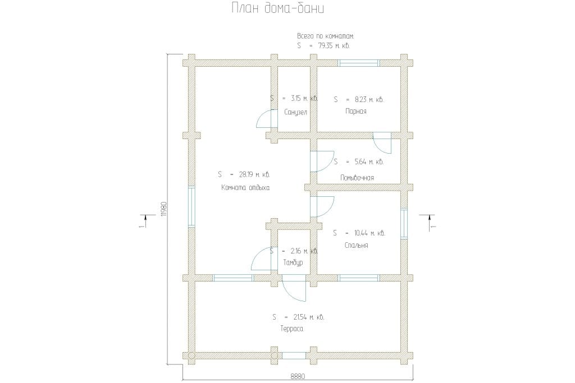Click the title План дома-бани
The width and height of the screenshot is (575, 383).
[277, 8]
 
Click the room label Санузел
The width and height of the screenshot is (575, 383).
[295, 112]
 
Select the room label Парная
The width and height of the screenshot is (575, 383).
[355, 112]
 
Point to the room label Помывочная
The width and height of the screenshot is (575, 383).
[357, 178]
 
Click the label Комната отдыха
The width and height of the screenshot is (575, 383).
[245, 188]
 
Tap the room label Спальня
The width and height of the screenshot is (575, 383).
[356, 245]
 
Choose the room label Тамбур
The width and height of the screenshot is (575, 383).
[293, 263]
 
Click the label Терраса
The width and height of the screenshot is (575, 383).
[292, 329]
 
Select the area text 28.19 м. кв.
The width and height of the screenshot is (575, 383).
[254, 174]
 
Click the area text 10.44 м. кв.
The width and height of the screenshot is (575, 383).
[369, 233]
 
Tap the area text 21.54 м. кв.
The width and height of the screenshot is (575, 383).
[309, 317]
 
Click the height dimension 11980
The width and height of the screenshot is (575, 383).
[164, 209]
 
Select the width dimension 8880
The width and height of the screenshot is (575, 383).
[298, 376]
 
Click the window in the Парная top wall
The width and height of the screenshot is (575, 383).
[358, 63]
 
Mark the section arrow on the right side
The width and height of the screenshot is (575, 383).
[429, 222]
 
